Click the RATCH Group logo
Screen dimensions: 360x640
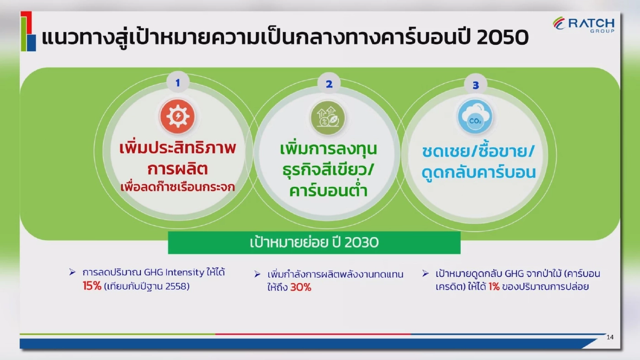click(584, 24)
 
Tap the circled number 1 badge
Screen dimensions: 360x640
click(178, 83)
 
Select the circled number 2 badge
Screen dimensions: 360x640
click(329, 84)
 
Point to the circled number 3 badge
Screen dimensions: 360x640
click(475, 85)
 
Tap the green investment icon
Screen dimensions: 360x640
click(328, 117)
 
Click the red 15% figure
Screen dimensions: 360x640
click(92, 287)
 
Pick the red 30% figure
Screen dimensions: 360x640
click(301, 288)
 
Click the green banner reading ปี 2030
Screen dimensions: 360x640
click(314, 243)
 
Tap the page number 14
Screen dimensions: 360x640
click(610, 337)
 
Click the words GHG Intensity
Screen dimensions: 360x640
click(174, 273)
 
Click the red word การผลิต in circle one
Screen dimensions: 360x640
click(178, 169)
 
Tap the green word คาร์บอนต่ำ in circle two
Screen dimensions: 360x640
click(328, 191)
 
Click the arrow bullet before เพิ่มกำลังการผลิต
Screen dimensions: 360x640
click(257, 274)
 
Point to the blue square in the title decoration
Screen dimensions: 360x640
click(31, 42)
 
